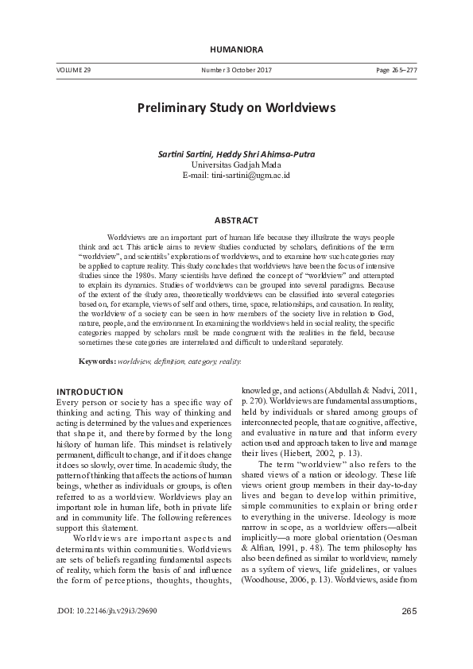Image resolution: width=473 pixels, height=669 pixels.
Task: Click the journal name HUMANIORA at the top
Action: (236, 50)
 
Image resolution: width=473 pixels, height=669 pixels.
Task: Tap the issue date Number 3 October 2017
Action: (237, 71)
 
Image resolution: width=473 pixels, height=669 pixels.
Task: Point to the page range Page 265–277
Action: (396, 71)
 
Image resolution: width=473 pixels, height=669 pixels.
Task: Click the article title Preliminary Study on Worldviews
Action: (236, 106)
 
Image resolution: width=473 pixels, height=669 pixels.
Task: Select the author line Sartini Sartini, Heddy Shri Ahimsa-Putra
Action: (237, 153)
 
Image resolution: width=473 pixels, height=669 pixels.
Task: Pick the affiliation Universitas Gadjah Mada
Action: (237, 164)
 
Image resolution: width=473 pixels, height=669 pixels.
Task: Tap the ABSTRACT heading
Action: (236, 219)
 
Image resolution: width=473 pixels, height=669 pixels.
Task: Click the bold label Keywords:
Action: (96, 362)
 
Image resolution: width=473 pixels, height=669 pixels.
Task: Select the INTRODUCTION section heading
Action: (89, 392)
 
